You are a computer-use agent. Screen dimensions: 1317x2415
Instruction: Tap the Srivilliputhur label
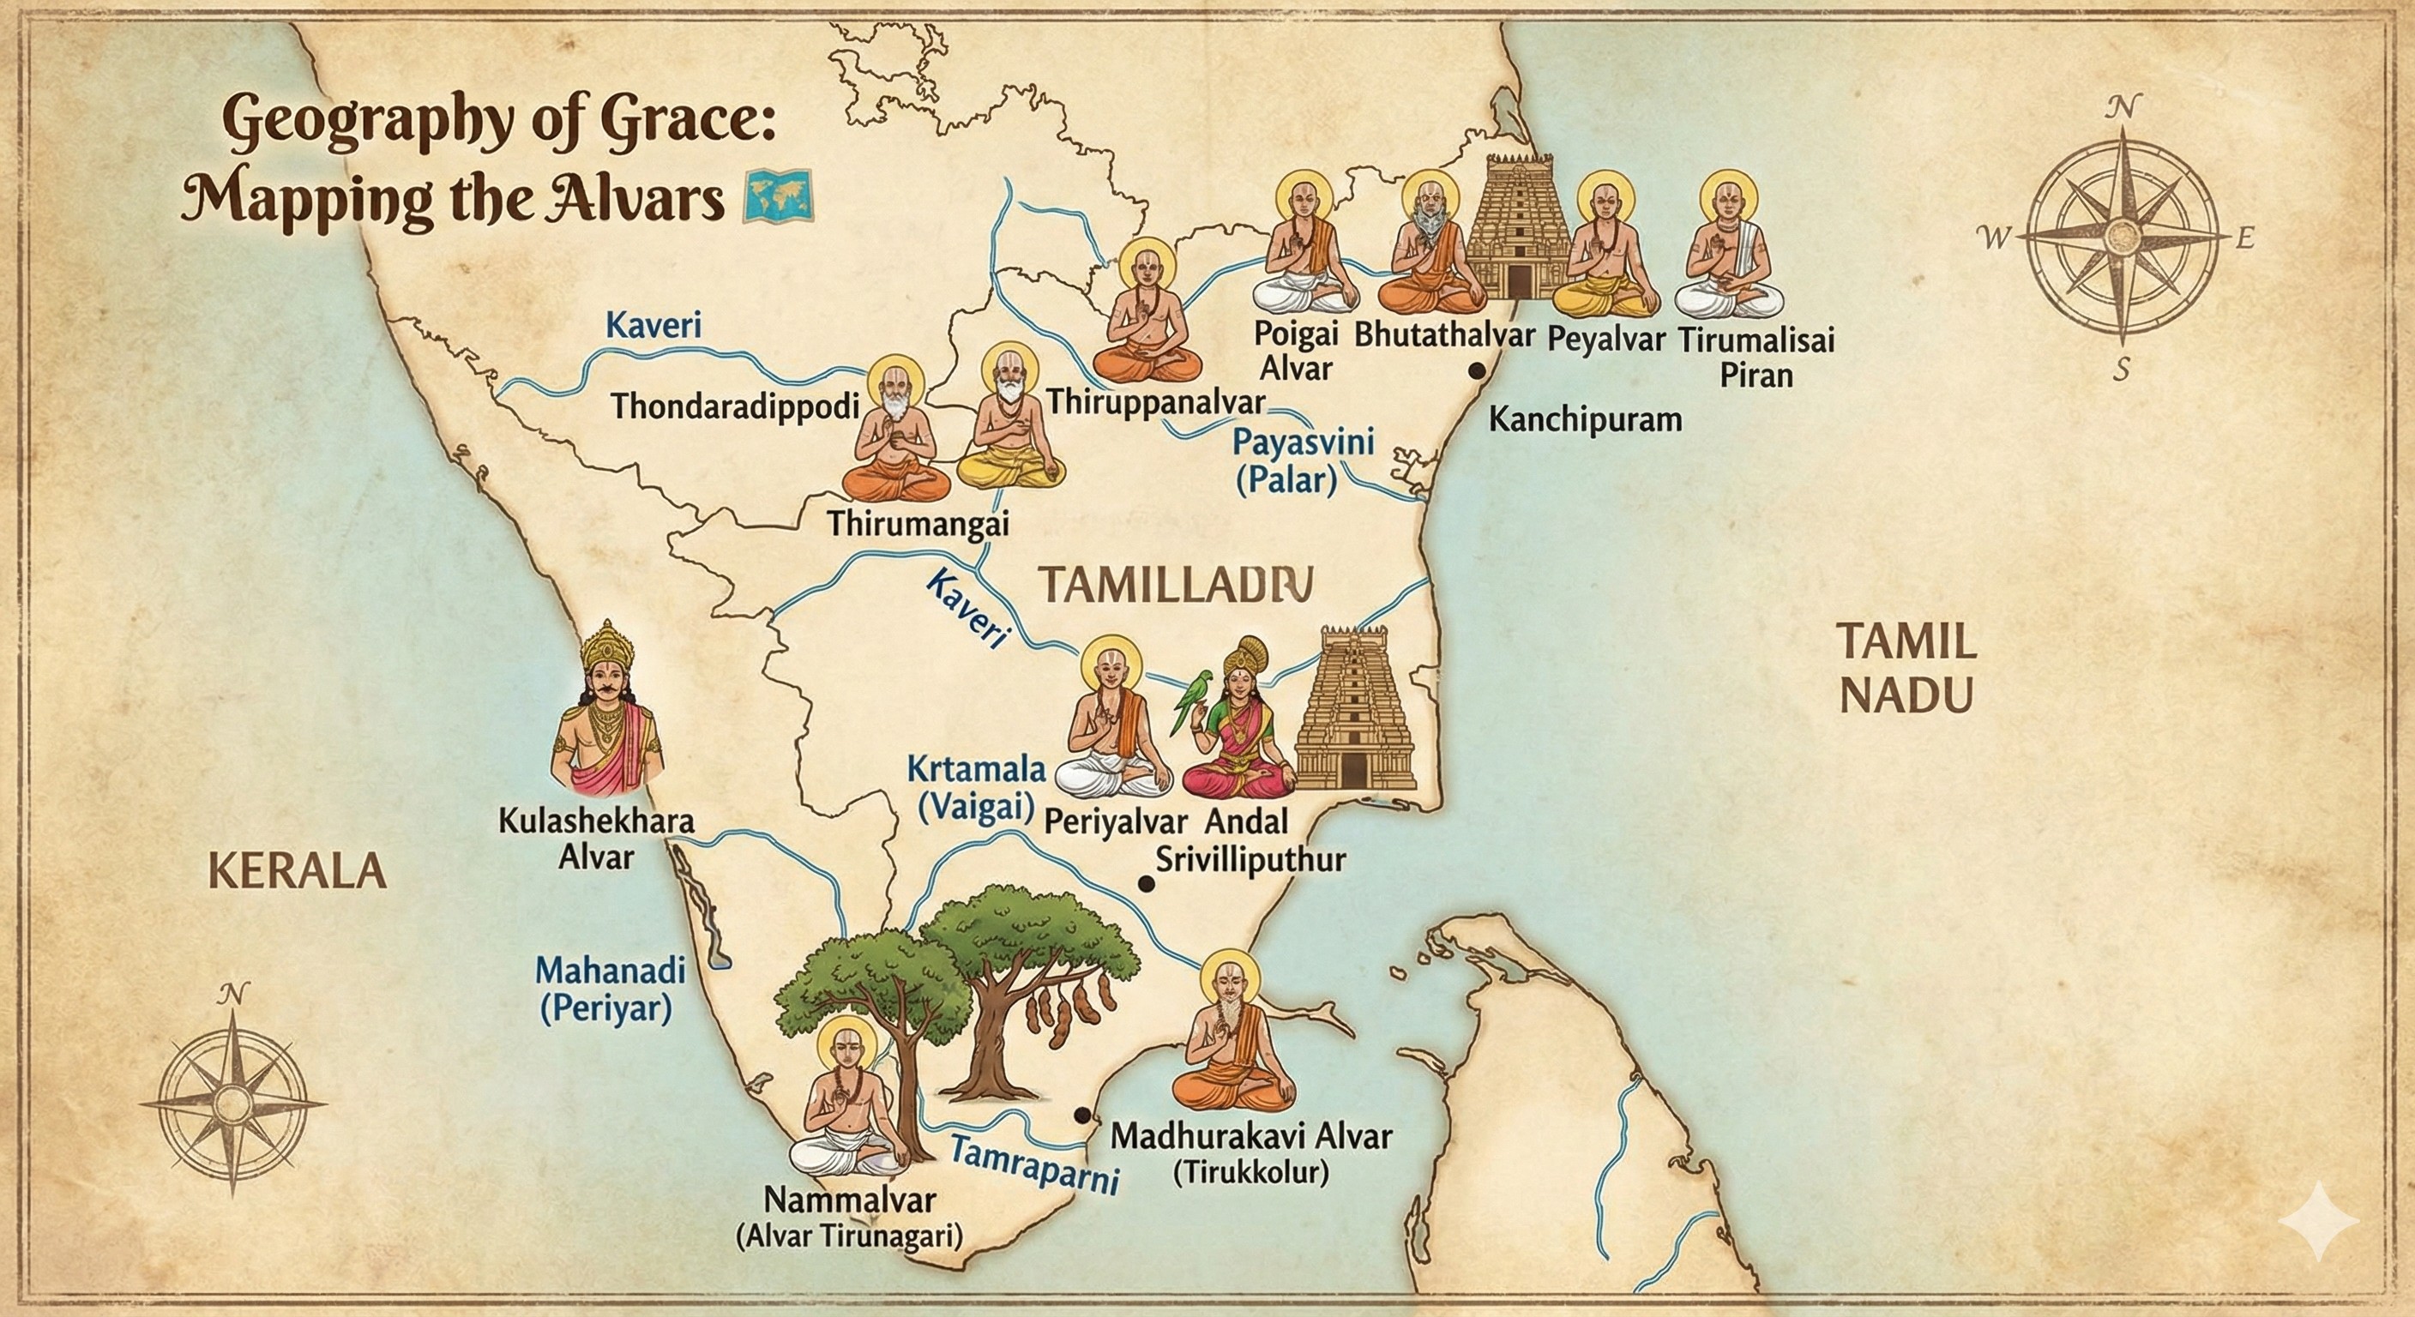coord(1250,858)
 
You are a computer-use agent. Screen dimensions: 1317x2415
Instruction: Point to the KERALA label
coord(295,871)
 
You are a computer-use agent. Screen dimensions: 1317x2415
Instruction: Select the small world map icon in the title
coord(777,199)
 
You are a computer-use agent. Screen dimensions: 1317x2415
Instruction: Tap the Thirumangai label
coord(918,523)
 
